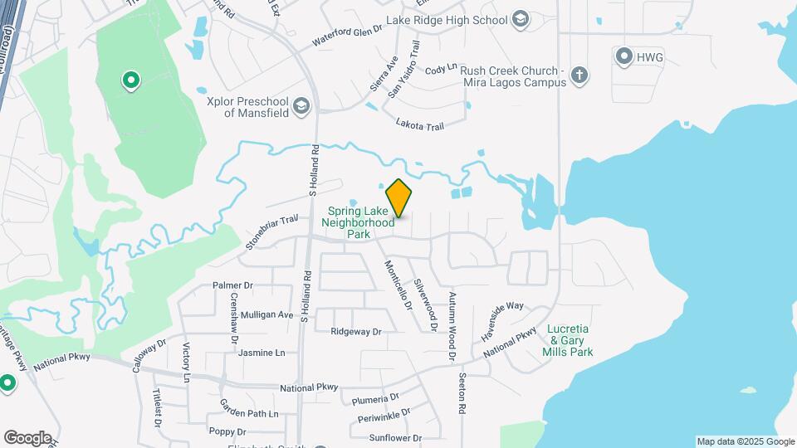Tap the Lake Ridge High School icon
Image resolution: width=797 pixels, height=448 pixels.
(x=521, y=19)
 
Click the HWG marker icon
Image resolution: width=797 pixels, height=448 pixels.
(x=624, y=56)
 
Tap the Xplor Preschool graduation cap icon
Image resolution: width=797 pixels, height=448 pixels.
(x=301, y=105)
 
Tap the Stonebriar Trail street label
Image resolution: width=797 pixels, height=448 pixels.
(x=271, y=232)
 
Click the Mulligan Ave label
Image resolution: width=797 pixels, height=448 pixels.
(x=266, y=315)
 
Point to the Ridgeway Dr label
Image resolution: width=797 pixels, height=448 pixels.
(x=355, y=332)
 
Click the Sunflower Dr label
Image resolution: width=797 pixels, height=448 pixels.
(x=396, y=438)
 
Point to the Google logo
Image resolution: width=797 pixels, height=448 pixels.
(x=27, y=437)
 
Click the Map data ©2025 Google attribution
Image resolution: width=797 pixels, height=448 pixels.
(x=746, y=441)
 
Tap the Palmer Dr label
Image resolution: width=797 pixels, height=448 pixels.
(x=232, y=285)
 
